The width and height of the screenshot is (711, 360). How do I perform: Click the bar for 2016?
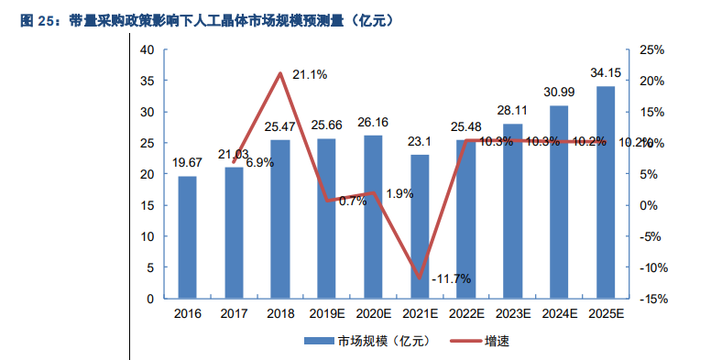pyautogui.click(x=187, y=237)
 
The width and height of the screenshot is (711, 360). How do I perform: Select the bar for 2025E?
pyautogui.click(x=605, y=192)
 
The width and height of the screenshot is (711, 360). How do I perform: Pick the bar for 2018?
pyautogui.click(x=280, y=219)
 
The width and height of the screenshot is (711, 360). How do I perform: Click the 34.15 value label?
pyautogui.click(x=605, y=72)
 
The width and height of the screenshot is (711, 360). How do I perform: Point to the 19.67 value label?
pyautogui.click(x=187, y=163)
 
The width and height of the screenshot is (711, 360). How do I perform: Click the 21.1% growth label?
pyautogui.click(x=310, y=73)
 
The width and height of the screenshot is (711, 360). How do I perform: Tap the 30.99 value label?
pyautogui.click(x=558, y=92)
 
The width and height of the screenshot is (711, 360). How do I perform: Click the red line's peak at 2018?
pyautogui.click(x=280, y=73)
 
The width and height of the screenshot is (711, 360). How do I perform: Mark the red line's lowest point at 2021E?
pyautogui.click(x=420, y=278)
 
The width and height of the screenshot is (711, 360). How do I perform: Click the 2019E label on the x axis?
pyautogui.click(x=326, y=313)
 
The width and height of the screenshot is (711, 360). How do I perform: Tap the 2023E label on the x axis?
pyautogui.click(x=512, y=313)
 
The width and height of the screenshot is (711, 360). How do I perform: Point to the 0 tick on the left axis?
pyautogui.click(x=150, y=299)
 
